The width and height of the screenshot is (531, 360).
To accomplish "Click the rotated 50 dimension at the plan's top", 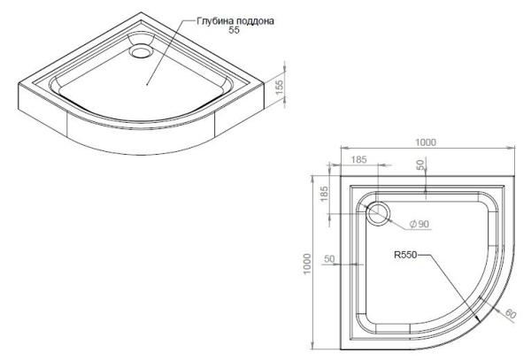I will coord(422,165).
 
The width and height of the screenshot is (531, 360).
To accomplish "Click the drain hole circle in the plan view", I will coord(381,213).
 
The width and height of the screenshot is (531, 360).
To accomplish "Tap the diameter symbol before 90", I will coord(412,224).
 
